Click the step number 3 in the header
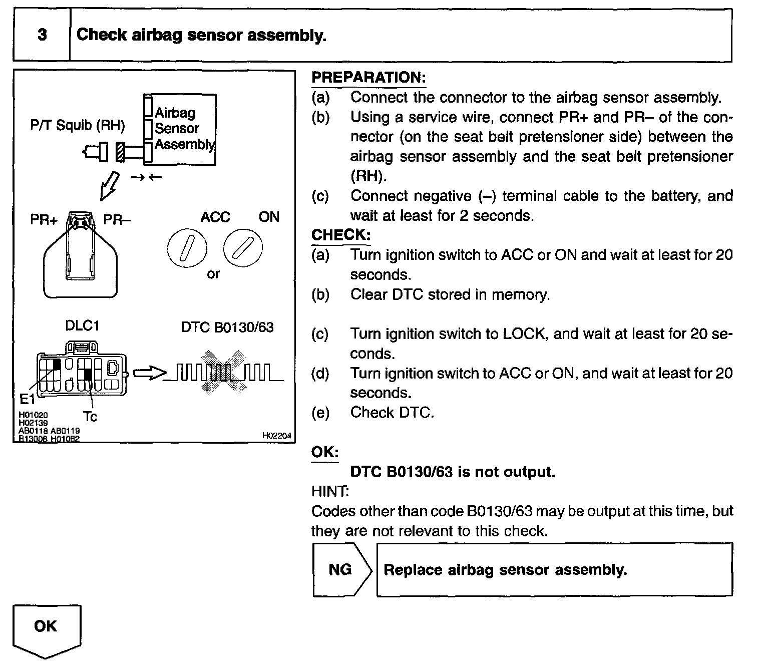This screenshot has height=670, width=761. pos(42,35)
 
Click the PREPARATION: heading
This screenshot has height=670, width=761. pos(368,77)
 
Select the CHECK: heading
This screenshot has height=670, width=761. pos(341,235)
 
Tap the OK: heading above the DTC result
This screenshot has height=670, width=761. pos(325,452)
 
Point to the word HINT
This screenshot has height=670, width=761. pos(330,491)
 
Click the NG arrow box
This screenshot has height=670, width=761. pos(342,569)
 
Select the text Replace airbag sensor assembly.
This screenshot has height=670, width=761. pos(505,570)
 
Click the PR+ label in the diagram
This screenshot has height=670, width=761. pos(44,220)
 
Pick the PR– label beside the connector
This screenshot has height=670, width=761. pos(117,219)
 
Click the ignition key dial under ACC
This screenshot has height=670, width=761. pos(186,249)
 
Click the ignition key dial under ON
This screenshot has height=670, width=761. pos(243,248)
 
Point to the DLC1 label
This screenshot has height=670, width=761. pos(83,326)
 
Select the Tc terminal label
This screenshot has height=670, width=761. pos(90,417)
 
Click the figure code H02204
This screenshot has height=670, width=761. pos(276,436)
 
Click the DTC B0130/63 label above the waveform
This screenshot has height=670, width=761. pos(227,327)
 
